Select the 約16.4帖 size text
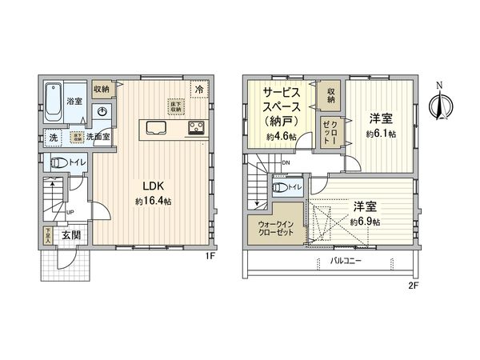pos(154,201)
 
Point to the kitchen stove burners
pos(197,127)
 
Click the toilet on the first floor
pos(57,163)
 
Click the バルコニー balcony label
pos(346,261)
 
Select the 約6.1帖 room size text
pos(382,134)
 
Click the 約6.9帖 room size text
pos(366,221)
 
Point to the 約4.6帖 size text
pos(282,137)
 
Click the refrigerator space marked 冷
pos(197,89)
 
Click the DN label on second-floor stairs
pos(286,163)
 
